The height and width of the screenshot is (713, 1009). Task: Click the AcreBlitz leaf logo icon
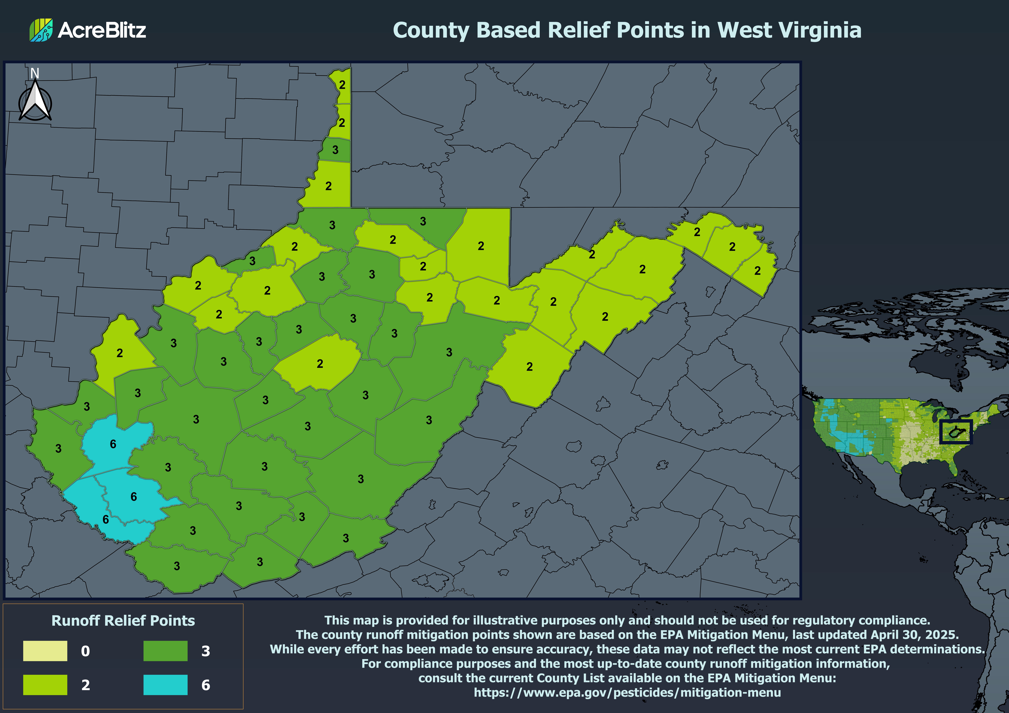(41, 30)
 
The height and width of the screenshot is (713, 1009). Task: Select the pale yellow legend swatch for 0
(45, 651)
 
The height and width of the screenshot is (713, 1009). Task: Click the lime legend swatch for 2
(45, 684)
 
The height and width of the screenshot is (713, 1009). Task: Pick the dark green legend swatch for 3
(165, 651)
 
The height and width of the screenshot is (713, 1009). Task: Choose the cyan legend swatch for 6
(165, 684)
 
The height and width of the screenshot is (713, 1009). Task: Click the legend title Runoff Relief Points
(123, 620)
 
